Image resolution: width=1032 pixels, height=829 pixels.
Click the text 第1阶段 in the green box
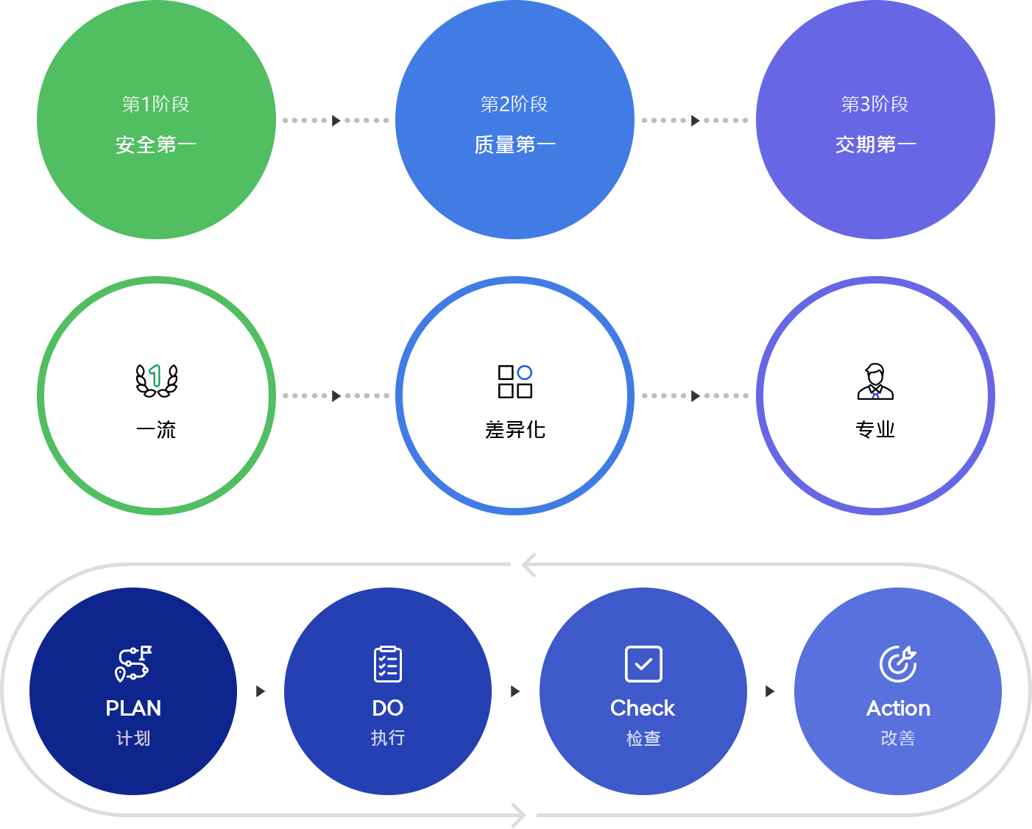(x=156, y=105)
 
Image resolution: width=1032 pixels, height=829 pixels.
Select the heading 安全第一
(x=156, y=144)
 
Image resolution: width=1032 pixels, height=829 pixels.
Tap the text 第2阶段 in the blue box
(x=515, y=105)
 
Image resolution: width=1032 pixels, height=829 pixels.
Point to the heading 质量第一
(x=515, y=144)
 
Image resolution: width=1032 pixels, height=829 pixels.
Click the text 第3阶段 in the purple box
(x=875, y=105)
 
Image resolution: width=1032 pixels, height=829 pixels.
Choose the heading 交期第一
(x=875, y=144)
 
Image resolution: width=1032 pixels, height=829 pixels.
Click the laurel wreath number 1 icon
(x=156, y=380)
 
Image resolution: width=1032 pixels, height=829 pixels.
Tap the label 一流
(x=156, y=429)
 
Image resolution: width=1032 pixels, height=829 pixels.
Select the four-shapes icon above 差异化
(x=515, y=381)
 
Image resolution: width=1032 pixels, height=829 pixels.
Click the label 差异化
(x=515, y=429)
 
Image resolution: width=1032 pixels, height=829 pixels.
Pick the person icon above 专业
(x=875, y=381)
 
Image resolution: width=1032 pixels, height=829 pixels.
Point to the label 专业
(x=875, y=429)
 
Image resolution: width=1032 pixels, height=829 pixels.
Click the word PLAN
(x=133, y=708)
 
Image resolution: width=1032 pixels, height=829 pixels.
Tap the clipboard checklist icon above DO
(x=388, y=663)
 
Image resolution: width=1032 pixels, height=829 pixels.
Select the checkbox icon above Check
(x=643, y=664)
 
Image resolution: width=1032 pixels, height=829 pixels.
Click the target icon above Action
(x=898, y=663)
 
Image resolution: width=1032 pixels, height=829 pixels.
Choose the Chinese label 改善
(x=898, y=738)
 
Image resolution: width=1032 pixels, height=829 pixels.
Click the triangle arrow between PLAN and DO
(x=261, y=691)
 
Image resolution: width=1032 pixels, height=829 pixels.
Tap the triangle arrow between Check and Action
(x=770, y=691)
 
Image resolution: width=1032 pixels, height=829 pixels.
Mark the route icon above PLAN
(x=133, y=663)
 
